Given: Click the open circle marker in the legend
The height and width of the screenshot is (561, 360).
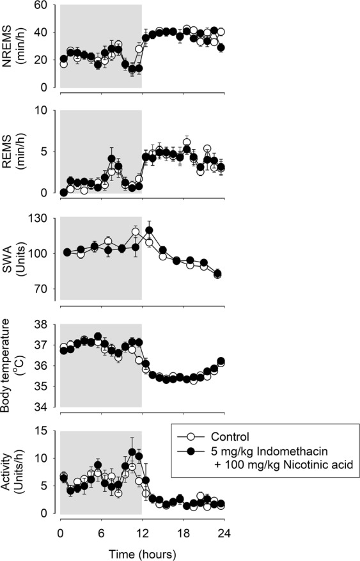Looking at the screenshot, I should (x=190, y=437).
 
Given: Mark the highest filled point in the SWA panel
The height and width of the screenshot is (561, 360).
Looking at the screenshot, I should (x=150, y=230).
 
